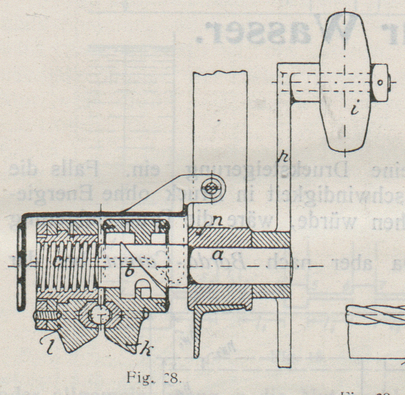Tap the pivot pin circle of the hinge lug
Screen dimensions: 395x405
[x=211, y=188]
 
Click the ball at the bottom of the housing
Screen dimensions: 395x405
[x=98, y=315]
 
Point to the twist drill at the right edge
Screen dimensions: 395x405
[x=376, y=315]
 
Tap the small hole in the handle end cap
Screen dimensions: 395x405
[x=380, y=83]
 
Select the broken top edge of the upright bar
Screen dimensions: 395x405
[x=220, y=73]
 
